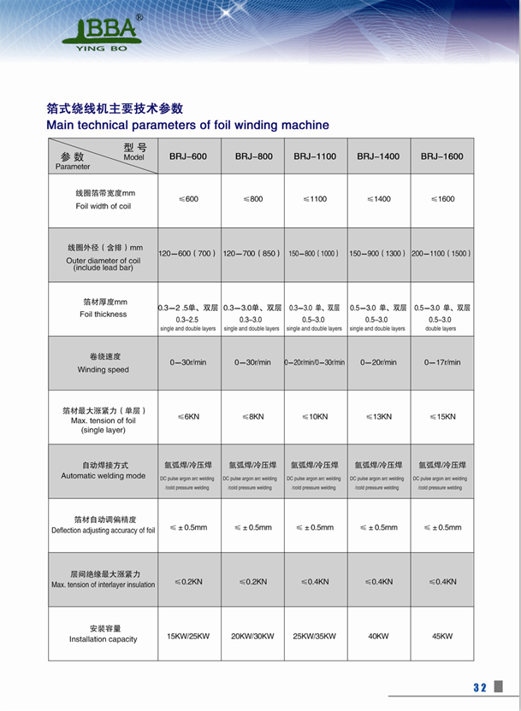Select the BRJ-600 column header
188,156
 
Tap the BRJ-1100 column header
315,156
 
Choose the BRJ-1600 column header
442,156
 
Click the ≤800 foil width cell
252,199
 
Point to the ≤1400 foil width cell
378,199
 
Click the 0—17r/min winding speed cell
442,362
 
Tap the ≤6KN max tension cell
188,416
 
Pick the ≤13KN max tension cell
378,416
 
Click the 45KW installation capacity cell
442,636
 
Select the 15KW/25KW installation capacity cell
188,636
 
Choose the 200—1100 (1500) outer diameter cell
441,254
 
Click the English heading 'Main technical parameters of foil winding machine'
187,125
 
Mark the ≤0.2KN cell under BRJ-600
188,581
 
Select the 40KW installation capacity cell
378,636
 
